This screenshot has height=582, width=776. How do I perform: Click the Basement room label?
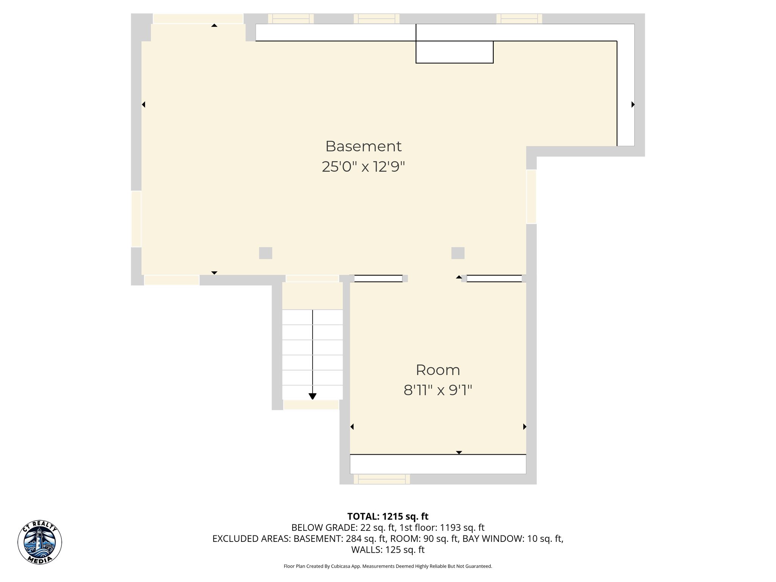pos(363,146)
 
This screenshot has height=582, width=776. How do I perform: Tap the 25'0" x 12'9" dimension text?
pos(363,167)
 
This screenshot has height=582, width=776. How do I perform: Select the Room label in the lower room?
pos(438,370)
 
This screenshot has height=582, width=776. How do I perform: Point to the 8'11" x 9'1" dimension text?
pos(438,390)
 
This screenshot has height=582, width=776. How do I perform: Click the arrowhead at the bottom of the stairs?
pos(312,396)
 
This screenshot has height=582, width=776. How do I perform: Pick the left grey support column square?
pos(266,253)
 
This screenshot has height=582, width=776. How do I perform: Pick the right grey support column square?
pos(458,253)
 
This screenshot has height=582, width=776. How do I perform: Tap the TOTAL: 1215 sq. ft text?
pos(388,516)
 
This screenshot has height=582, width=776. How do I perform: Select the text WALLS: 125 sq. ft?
pos(388,550)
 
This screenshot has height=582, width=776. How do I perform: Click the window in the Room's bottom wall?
pos(382,479)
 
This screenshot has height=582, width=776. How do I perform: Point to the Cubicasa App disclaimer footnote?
pos(388,566)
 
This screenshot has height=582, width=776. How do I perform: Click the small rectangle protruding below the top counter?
pos(454,52)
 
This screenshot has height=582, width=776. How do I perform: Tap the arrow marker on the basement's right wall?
pos(633,105)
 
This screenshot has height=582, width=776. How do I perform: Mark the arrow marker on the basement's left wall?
pos(144,105)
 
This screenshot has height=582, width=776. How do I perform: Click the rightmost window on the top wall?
pos(519,19)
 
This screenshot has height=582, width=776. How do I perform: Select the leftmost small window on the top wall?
pos(291,19)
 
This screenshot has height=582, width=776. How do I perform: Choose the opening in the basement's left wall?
pos(136,219)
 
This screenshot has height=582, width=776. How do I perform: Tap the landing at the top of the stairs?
pos(312,296)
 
